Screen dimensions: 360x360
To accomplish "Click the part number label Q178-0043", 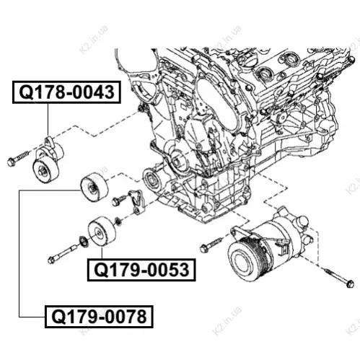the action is tap(66, 92).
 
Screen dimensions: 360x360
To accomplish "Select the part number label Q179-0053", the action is tap(141, 270).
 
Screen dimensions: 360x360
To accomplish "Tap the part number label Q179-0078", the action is tap(99, 317).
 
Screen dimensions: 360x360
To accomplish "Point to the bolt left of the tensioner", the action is tap(18, 158).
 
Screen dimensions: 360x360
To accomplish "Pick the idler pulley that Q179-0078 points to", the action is tap(94, 187).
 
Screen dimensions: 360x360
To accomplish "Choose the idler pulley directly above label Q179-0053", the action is tap(102, 232).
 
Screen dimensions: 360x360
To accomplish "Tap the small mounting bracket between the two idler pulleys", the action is tap(136, 201).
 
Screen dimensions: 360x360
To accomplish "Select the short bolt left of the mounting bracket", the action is tap(119, 200).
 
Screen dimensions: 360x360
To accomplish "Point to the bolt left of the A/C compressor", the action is tap(211, 245).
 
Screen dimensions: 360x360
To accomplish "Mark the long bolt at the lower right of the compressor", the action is tap(339, 278).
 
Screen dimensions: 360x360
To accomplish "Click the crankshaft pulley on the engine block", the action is tap(152, 180).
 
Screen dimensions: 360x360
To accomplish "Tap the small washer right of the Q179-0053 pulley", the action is tap(118, 221).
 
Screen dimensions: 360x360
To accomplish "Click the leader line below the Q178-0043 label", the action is tap(48, 120).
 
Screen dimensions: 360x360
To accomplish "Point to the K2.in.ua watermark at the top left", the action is tap(94, 40).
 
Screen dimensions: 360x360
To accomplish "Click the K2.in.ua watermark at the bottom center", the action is tap(227, 321).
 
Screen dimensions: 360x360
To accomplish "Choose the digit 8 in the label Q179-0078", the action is tap(141, 317).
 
